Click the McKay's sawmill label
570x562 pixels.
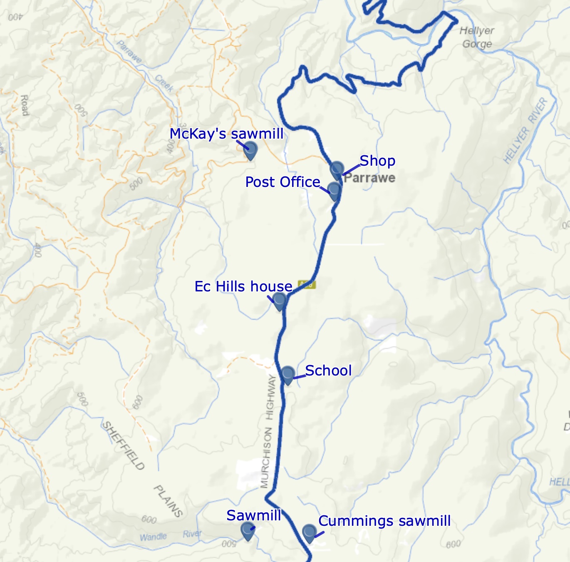pos(226,134)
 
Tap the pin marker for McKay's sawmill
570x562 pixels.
pos(250,149)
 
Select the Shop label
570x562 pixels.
pos(377,161)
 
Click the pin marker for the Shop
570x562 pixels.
pos(337,169)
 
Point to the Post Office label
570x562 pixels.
pos(283,182)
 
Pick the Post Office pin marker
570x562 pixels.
pos(335,190)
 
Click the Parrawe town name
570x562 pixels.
pos(369,178)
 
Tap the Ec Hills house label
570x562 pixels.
pos(243,286)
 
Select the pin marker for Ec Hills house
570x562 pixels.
pos(279,300)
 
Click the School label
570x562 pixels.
pos(328,371)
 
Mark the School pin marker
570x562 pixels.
pos(287,374)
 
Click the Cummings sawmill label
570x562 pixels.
pos(384,521)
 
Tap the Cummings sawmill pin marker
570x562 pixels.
pos(309,532)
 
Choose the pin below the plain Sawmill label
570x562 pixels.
pos(248,530)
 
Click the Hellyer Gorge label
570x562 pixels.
pos(477,37)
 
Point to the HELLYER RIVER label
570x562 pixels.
pos(525,130)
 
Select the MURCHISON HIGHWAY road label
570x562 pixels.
pos(268,431)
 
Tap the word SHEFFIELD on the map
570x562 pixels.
pos(124,445)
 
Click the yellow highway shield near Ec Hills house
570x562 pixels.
pos(307,285)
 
